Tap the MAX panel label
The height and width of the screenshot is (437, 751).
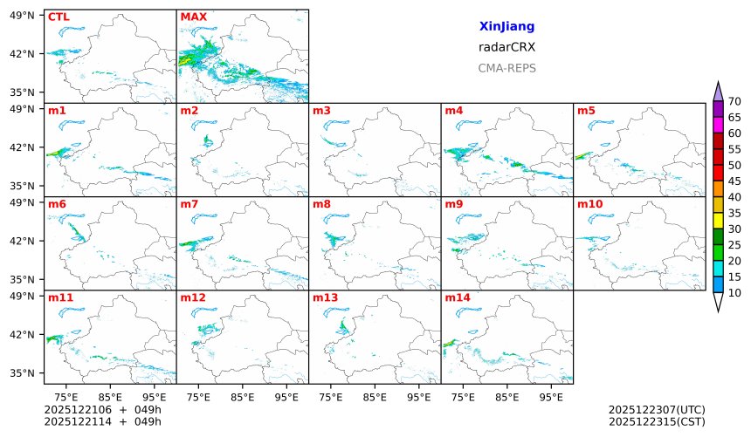click(192, 17)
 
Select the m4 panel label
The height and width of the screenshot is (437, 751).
click(453, 111)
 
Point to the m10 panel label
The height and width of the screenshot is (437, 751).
click(589, 204)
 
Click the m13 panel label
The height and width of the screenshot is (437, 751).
click(325, 297)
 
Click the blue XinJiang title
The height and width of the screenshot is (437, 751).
click(506, 27)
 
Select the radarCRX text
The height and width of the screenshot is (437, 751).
click(506, 48)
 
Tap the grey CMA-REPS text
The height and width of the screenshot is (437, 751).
click(506, 68)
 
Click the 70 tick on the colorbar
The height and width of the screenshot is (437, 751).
click(734, 102)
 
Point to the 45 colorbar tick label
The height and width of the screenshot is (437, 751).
click(734, 181)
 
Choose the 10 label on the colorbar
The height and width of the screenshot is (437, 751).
click(734, 292)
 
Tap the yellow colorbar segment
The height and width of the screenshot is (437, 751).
click(718, 220)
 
